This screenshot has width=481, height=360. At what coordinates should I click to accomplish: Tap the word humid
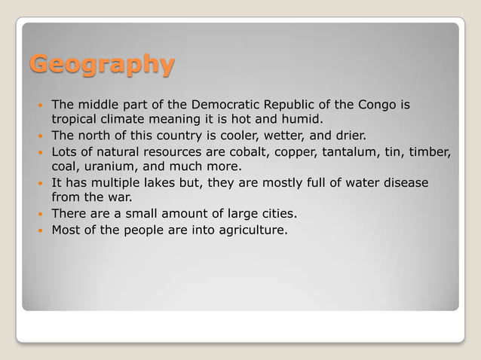[303, 119]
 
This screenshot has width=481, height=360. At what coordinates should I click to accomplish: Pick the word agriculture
[249, 230]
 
